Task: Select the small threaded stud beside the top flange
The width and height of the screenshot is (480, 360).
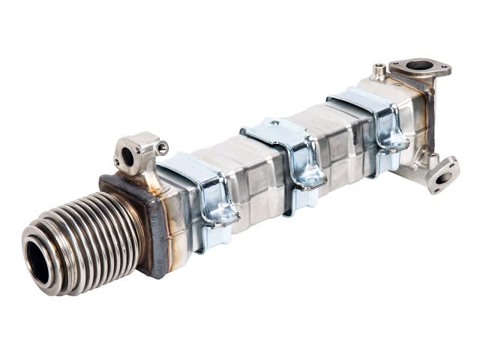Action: coord(381,70)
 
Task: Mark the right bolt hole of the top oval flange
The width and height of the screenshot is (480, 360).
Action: coord(443,70)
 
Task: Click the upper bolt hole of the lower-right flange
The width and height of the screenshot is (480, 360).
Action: coord(452,164)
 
